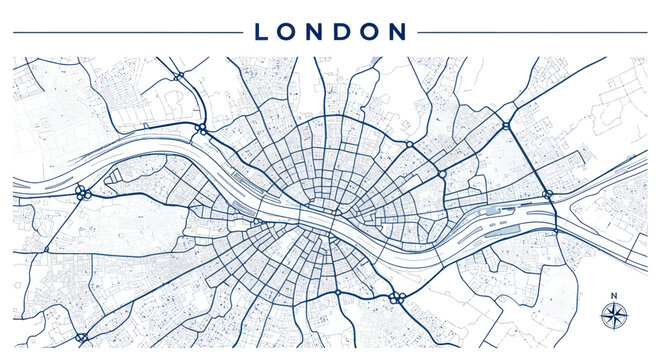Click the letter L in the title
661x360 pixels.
262,32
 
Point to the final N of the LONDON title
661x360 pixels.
397,32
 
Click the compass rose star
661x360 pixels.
612,316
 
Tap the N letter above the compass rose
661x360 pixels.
612,294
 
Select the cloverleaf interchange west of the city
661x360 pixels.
82,192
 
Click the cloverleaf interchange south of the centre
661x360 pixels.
396,296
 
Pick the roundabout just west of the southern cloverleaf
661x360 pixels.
338,293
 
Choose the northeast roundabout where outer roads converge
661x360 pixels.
506,126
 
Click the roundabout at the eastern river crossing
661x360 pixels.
547,194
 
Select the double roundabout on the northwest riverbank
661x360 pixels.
201,129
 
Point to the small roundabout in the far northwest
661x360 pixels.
178,75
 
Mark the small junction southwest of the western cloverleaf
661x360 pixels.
46,249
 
